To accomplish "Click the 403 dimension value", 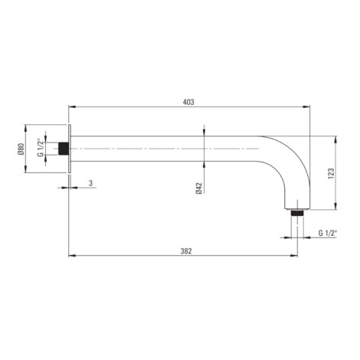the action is pos(188,102).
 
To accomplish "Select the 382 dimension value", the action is pos(186,251).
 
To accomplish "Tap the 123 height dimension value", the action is pos(331,173).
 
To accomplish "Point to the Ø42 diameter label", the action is pos(199,188).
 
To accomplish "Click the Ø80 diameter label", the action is pos(21,149).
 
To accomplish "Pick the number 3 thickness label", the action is pos(90,183).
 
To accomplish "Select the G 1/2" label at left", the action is pos(40,147).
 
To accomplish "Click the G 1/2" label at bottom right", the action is pos(328,233).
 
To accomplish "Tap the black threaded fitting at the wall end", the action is pos(64,149).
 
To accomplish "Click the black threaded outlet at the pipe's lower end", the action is pos(297,213).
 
